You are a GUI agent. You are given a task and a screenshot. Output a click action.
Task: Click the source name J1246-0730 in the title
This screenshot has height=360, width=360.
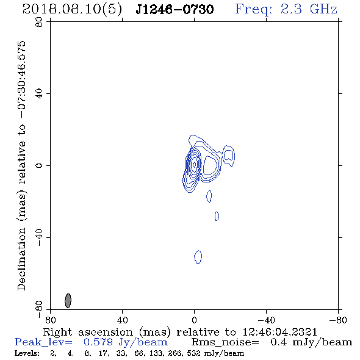tap(175, 9)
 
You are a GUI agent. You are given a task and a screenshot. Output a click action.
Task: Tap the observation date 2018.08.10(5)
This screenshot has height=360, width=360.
tap(72, 10)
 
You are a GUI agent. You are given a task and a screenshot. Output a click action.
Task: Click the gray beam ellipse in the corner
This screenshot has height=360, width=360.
tap(68, 300)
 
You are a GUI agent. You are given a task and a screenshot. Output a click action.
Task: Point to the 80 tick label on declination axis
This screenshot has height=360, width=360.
tap(39, 22)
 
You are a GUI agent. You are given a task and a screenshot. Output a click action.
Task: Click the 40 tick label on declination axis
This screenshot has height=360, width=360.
tap(39, 94)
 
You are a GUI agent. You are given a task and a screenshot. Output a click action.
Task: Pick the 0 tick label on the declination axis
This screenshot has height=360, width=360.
tap(39, 165)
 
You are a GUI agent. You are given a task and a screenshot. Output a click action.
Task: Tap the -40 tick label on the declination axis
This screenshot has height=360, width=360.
tap(39, 237)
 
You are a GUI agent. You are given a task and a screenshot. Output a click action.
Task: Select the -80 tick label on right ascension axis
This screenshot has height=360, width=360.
tap(338, 320)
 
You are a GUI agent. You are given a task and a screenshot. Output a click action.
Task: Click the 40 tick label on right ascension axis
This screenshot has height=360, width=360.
tap(122, 320)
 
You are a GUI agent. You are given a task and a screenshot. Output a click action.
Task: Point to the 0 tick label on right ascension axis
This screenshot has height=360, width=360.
tap(194, 320)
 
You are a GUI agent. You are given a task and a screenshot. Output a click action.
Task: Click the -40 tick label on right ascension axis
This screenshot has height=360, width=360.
tap(266, 320)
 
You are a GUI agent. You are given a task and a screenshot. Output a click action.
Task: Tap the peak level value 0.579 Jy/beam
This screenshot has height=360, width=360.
tap(125, 342)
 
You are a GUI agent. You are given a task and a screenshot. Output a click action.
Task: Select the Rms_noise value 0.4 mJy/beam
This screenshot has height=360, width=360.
tap(311, 342)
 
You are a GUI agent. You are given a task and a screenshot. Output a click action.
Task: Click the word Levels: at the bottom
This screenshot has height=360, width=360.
tap(27, 353)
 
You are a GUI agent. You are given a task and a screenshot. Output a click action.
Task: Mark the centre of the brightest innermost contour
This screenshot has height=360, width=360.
tap(194, 164)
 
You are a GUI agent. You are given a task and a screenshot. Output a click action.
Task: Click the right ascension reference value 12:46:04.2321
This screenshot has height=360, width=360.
tap(280, 332)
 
